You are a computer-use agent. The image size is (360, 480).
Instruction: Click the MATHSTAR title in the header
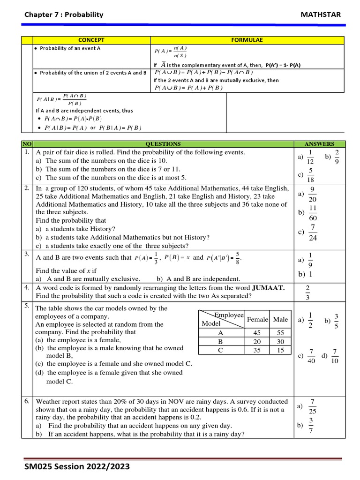(x=320, y=15)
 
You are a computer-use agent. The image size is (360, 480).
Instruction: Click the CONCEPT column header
(x=91, y=40)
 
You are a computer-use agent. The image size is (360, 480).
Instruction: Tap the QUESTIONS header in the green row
(x=163, y=144)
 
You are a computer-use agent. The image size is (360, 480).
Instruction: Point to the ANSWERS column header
(x=319, y=144)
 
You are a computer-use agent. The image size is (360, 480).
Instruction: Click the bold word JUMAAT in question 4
(x=268, y=288)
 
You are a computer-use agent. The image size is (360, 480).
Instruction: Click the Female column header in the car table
(x=257, y=319)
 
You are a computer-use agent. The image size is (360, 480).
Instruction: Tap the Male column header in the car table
(x=280, y=319)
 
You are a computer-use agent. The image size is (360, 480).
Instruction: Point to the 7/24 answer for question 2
(x=313, y=232)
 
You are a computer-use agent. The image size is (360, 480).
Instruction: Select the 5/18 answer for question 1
(x=310, y=175)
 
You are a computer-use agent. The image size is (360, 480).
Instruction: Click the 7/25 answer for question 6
(x=312, y=406)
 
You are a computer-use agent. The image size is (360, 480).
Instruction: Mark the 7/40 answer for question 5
(x=311, y=356)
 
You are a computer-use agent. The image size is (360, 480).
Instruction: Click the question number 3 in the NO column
(x=27, y=254)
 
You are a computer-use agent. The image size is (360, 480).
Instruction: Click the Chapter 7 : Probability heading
(x=64, y=15)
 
